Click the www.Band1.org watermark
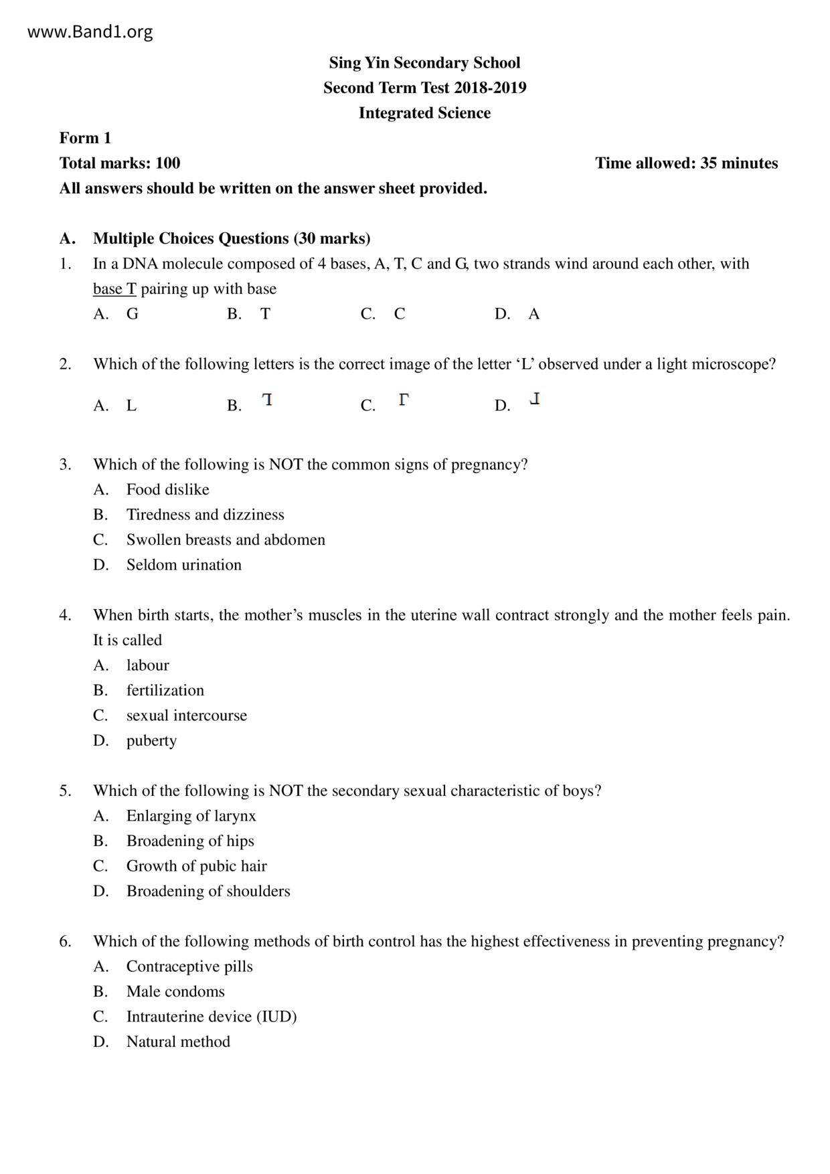(x=90, y=32)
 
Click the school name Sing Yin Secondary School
(x=424, y=63)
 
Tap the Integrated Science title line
(x=424, y=113)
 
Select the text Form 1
(x=85, y=139)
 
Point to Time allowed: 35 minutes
(x=686, y=163)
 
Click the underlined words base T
(x=114, y=289)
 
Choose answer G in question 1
(x=133, y=314)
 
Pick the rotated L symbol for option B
(x=267, y=400)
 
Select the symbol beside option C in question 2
(x=403, y=400)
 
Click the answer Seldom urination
(x=184, y=565)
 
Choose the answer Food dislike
(x=167, y=490)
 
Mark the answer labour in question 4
(x=147, y=665)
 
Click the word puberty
(x=151, y=741)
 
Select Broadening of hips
(x=190, y=841)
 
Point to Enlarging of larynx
(x=191, y=816)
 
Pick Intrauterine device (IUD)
(x=212, y=1017)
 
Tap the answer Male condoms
(x=175, y=992)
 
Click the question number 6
(x=65, y=942)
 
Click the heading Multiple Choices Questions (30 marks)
(x=232, y=239)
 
